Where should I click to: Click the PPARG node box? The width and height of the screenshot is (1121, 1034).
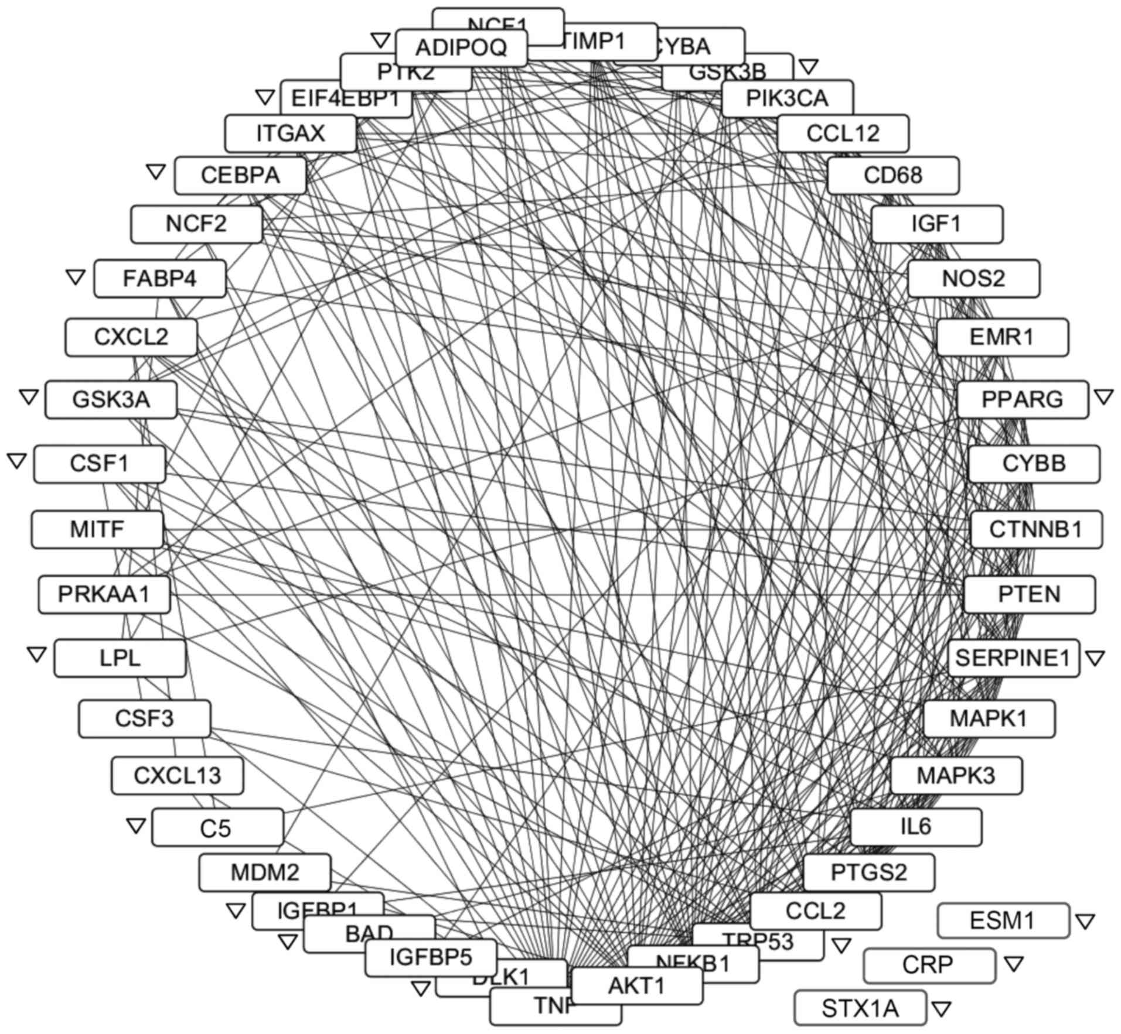click(1023, 399)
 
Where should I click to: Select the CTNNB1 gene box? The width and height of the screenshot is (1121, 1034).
click(1036, 529)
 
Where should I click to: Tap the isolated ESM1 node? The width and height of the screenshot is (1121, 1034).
click(1003, 920)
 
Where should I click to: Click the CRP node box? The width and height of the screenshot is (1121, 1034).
click(929, 965)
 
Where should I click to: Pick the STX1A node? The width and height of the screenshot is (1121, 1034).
click(860, 1008)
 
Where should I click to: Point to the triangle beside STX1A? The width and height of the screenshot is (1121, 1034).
click(941, 1008)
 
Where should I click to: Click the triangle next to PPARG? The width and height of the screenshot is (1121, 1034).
click(1104, 397)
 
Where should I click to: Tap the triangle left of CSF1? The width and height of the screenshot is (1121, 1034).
click(17, 461)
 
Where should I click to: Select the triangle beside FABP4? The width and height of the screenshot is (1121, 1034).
click(76, 277)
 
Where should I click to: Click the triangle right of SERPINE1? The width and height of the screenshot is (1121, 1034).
click(1095, 658)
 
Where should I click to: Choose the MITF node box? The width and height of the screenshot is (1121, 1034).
click(97, 529)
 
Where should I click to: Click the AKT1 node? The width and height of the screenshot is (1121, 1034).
click(637, 985)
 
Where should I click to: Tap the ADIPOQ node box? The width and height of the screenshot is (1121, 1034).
click(461, 47)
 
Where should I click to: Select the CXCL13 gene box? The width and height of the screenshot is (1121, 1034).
click(178, 775)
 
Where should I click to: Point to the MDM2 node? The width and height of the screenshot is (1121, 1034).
click(265, 872)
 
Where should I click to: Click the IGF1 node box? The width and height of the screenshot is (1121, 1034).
click(936, 224)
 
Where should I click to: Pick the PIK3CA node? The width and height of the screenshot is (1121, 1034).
click(787, 98)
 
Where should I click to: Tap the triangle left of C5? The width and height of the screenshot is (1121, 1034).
click(136, 826)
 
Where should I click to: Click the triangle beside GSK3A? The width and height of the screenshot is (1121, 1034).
click(28, 397)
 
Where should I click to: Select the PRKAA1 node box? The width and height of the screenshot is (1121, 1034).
click(104, 594)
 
